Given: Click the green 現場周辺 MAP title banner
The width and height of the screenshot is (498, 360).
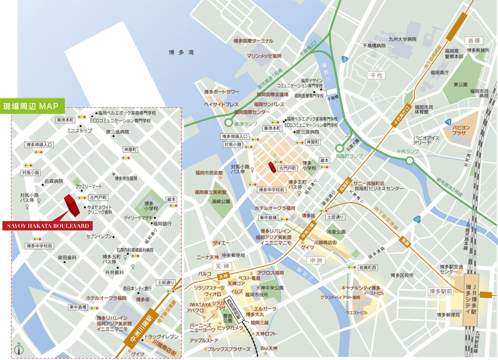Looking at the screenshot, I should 32,106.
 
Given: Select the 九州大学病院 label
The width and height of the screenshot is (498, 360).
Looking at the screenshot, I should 402,39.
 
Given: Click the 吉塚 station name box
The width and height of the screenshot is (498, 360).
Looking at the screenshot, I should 470,40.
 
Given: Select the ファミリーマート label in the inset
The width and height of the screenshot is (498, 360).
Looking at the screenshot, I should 89,186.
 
